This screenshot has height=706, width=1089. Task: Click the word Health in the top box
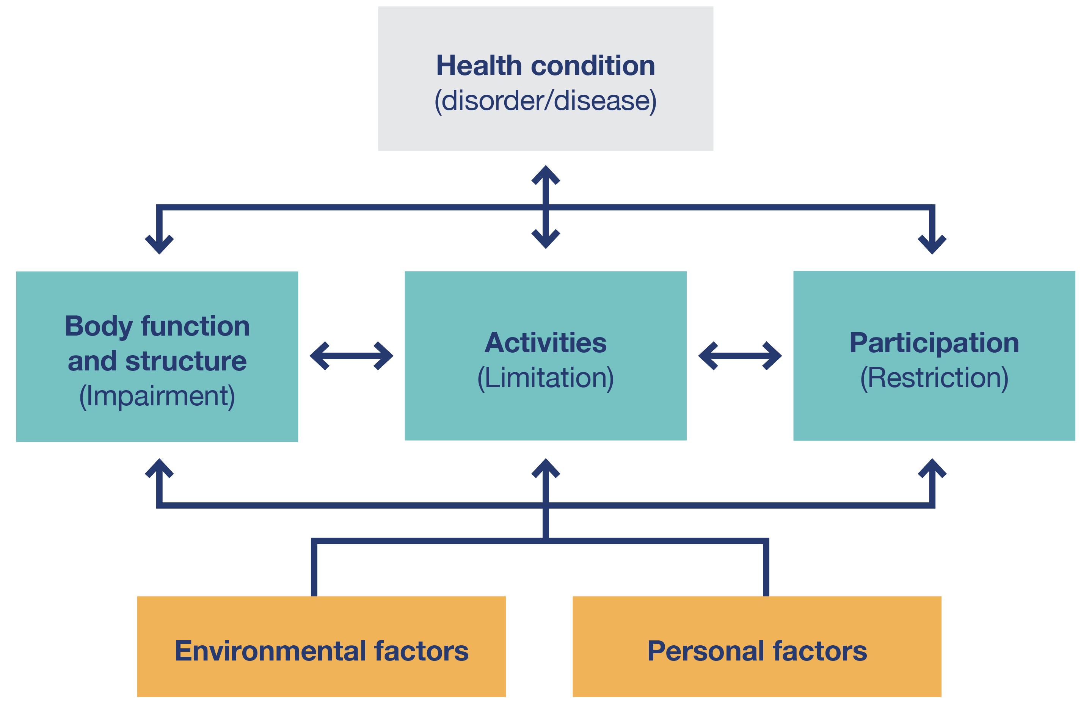[x=479, y=66]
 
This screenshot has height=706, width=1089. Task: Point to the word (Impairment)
[x=157, y=396]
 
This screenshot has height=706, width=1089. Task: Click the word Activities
[x=545, y=343]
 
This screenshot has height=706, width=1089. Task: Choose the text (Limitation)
[x=545, y=378]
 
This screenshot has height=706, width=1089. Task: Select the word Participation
[x=934, y=343]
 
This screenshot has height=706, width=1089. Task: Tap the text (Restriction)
[x=934, y=378]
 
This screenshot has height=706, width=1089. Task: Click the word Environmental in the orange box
[x=270, y=651]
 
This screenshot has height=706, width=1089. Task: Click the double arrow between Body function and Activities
[x=351, y=356]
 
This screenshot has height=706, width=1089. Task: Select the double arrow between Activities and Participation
[x=740, y=356]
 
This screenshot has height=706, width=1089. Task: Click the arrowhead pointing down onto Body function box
[x=159, y=245]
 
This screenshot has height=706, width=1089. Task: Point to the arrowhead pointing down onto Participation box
[x=932, y=245]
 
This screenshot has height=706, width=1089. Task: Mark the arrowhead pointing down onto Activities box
[x=545, y=239]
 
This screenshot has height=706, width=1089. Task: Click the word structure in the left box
[x=186, y=361]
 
